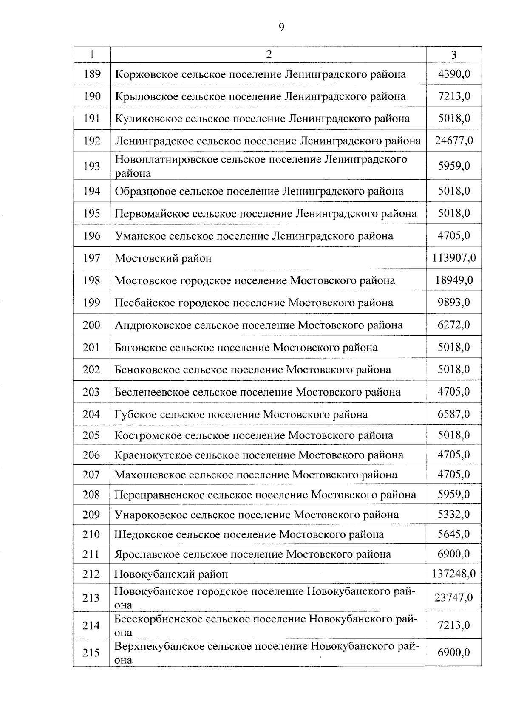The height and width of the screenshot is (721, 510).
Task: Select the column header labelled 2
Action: [268, 54]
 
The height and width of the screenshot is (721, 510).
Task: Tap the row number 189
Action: [92, 74]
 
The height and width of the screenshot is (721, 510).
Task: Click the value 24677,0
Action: [454, 141]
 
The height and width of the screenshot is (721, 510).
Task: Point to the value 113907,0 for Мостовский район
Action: [454, 258]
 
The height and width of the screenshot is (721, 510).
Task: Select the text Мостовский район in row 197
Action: [163, 258]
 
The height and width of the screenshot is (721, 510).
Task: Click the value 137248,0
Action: [454, 574]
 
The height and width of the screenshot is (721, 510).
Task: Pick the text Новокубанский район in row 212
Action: [171, 574]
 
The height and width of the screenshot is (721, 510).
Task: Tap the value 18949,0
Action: [454, 280]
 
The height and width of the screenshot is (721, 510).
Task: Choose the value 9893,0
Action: [454, 303]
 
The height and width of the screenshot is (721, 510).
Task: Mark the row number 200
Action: [91, 325]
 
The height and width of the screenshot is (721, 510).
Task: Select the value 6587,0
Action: [454, 414]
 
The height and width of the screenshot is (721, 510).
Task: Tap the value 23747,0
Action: [453, 598]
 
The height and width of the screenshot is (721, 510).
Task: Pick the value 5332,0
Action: [454, 515]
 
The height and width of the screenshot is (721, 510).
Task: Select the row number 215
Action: [91, 653]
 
